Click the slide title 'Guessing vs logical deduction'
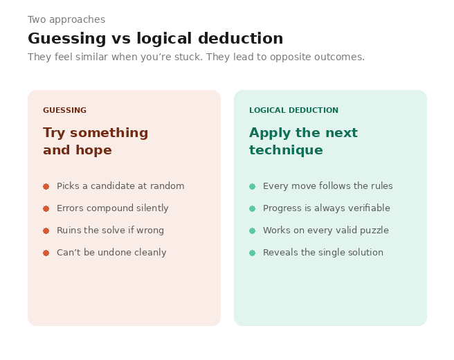click(155, 39)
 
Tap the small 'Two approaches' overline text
click(66, 20)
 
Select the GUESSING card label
click(64, 110)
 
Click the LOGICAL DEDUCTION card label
click(293, 110)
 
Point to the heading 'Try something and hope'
click(96, 141)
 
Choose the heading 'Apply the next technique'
click(303, 141)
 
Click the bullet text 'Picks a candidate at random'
click(120, 186)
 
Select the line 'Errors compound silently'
click(112, 208)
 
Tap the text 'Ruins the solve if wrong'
click(110, 231)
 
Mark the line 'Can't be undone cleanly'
click(111, 253)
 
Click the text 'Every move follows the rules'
click(327, 186)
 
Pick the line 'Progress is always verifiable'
click(326, 208)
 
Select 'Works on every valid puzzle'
click(325, 231)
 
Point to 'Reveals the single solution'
click(323, 253)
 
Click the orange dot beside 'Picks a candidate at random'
click(46, 186)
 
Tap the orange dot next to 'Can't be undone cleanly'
click(46, 253)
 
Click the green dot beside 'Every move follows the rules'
click(252, 186)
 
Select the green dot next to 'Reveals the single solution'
click(252, 253)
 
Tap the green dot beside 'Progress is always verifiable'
click(252, 208)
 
